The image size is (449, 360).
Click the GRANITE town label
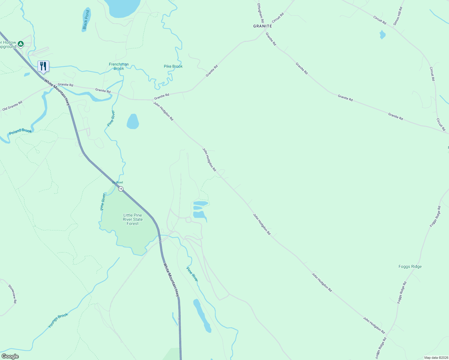pyautogui.click(x=263, y=26)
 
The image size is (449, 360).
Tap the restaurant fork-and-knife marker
pyautogui.click(x=43, y=66)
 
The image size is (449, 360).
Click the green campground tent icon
pyautogui.click(x=20, y=44)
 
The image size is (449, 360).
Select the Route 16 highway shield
pyautogui.click(x=121, y=189)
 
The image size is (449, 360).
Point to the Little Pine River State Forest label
pyautogui.click(x=133, y=219)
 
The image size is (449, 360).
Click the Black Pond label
pyautogui.click(x=86, y=20)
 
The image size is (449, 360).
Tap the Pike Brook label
pyautogui.click(x=173, y=66)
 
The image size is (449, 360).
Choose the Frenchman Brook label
pyautogui.click(x=119, y=66)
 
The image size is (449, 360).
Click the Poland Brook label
pyautogui.click(x=20, y=131)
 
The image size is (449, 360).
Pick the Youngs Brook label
pyautogui.click(x=58, y=320)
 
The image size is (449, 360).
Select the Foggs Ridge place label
pyautogui.click(x=410, y=266)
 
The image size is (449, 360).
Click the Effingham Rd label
pyautogui.click(x=260, y=13)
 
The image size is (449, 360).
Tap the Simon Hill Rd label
pyautogui.click(x=398, y=16)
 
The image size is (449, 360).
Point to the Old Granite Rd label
pyautogui.click(x=12, y=106)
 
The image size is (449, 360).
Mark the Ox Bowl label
pyautogui.click(x=117, y=182)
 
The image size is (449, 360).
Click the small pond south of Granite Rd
pyautogui.click(x=133, y=121)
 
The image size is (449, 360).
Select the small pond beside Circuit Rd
pyautogui.click(x=382, y=34)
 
